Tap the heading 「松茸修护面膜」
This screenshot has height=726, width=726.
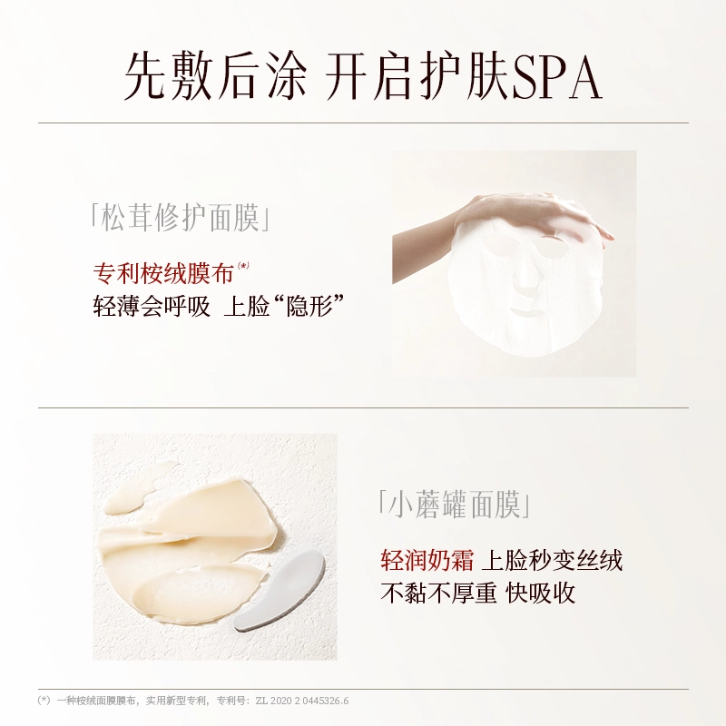180,217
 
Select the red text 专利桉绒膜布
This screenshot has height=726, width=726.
163,273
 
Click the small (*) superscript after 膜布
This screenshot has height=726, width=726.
243,265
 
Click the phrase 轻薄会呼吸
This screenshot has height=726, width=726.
152,306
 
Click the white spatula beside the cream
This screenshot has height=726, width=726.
278,592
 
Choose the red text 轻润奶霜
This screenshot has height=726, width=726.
427,559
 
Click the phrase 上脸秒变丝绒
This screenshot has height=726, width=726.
552,559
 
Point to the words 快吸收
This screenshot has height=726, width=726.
540,593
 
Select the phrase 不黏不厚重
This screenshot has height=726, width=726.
438,593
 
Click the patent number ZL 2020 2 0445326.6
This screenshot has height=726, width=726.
302,701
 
